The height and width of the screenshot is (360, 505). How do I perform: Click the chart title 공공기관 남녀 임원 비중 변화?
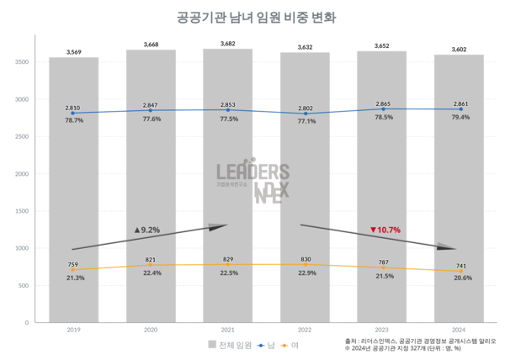(x=252, y=17)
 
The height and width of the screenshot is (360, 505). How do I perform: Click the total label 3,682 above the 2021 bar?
(x=227, y=43)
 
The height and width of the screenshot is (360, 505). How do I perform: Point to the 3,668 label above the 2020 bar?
(x=151, y=44)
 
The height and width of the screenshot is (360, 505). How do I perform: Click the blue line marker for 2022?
(x=305, y=114)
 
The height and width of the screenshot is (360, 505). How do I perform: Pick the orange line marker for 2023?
(x=382, y=268)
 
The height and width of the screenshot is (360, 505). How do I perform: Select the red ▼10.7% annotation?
(x=385, y=230)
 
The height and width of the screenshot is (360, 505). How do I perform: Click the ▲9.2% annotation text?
(x=146, y=229)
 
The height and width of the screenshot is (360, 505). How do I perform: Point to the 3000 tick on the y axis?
(x=22, y=99)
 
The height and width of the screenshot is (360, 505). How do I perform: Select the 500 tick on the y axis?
(x=24, y=285)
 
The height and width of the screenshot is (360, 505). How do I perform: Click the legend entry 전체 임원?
(x=231, y=345)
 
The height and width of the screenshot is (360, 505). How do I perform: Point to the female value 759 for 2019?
(x=72, y=263)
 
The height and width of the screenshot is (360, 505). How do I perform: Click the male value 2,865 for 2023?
(x=383, y=102)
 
